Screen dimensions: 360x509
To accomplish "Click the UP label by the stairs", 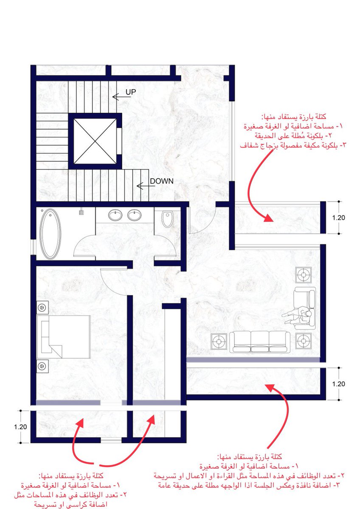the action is pyautogui.click(x=131, y=92).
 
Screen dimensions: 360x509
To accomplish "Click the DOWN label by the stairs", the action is pyautogui.click(x=162, y=181).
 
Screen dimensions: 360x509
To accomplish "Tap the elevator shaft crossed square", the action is pyautogui.click(x=95, y=141).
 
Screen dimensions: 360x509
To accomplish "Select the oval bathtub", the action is pyautogui.click(x=51, y=234).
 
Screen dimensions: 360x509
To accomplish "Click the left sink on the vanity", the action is pyautogui.click(x=115, y=215).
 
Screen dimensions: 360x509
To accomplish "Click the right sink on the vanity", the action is pyautogui.click(x=134, y=215).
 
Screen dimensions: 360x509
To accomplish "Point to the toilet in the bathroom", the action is pyautogui.click(x=167, y=219).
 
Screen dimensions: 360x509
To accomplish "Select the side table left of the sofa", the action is pyautogui.click(x=219, y=341).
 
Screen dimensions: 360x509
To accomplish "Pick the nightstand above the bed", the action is pyautogui.click(x=42, y=308).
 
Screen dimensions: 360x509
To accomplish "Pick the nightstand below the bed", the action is pyautogui.click(x=42, y=366).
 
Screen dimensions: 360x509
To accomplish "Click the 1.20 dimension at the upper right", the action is pyautogui.click(x=339, y=218).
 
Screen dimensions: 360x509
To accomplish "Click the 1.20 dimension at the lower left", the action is pyautogui.click(x=20, y=427).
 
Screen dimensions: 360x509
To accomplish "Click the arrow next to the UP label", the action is pyautogui.click(x=122, y=97).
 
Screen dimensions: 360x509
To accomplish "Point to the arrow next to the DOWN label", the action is pyautogui.click(x=146, y=186).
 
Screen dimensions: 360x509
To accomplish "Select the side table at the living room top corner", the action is pyautogui.click(x=304, y=275).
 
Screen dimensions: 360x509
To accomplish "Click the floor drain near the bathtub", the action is pyautogui.click(x=81, y=213).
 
